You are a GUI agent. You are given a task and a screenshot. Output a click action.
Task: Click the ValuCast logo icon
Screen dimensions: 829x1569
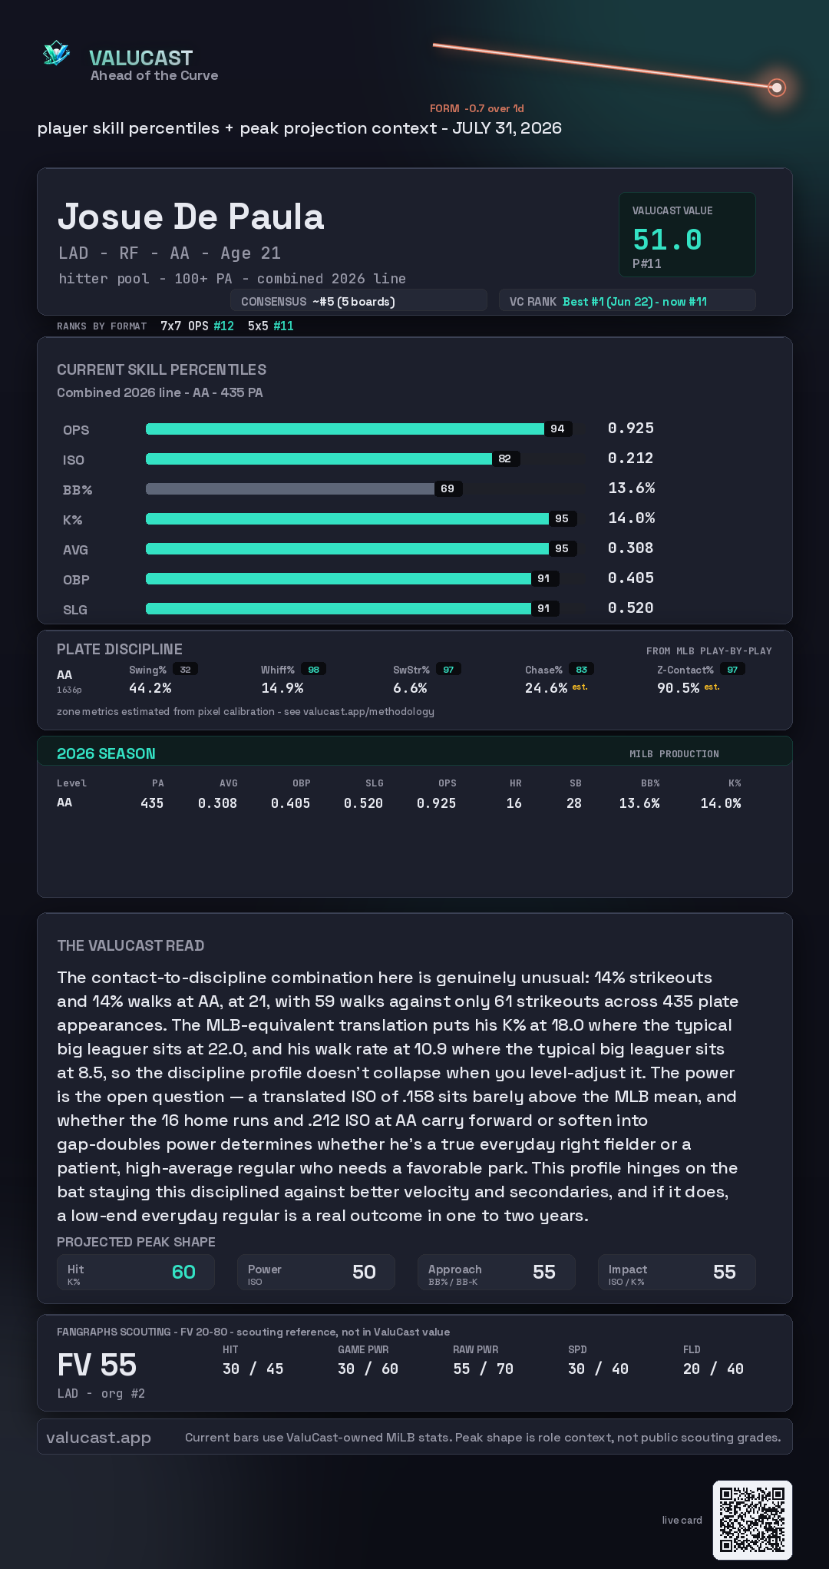point(57,53)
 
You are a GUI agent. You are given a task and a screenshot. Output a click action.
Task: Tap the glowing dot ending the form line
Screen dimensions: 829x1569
point(777,88)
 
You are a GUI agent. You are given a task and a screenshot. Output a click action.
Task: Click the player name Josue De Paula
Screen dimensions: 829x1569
point(190,217)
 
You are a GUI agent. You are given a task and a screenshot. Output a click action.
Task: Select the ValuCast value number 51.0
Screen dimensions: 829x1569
point(667,240)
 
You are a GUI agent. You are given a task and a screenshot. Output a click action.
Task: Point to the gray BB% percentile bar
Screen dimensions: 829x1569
point(290,488)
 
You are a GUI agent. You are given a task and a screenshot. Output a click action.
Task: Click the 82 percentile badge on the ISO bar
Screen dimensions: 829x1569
point(504,458)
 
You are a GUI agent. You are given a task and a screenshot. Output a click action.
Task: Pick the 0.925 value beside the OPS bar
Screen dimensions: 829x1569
point(631,428)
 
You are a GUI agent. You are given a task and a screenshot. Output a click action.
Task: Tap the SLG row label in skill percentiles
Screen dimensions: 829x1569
point(75,610)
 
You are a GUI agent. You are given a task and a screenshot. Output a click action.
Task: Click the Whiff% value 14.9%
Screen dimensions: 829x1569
point(282,688)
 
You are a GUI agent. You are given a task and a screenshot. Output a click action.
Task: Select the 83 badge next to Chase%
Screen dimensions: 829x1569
point(582,670)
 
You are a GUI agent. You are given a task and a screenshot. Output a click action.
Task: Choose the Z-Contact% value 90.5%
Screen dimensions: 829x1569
point(678,688)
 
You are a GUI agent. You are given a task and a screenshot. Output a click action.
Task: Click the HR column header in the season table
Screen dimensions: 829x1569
point(516,783)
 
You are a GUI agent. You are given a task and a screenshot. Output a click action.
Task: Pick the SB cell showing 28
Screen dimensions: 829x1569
point(574,803)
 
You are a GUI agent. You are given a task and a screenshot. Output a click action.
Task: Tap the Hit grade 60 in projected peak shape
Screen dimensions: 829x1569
point(183,1273)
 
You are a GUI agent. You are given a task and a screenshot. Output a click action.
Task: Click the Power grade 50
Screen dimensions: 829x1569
point(364,1273)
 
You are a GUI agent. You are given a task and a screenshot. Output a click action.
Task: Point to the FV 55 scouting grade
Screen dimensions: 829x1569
point(97,1365)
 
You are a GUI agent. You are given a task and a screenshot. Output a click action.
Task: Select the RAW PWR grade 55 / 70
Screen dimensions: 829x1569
point(483,1369)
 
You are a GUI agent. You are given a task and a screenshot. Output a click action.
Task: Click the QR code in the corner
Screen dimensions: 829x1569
point(752,1520)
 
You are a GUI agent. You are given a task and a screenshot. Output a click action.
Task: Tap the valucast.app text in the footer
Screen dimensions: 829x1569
point(98,1438)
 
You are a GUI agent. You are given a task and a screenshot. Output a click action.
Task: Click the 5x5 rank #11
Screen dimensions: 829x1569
point(283,326)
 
